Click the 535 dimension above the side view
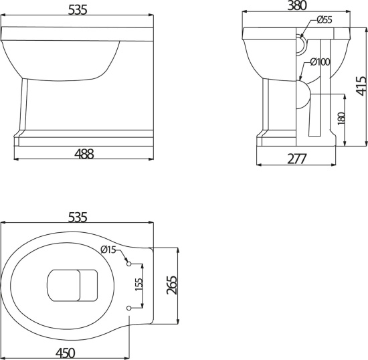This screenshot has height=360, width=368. pos(78,10)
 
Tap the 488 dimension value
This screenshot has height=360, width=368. pos(84,154)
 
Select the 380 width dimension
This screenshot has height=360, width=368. pos(297,5)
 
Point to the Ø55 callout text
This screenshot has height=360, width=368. pos(325,19)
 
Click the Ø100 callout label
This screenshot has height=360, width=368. pos(320,62)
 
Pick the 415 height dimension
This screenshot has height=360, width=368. pos(361,86)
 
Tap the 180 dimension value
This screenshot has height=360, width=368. pos(342,118)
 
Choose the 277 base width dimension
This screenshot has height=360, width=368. pos(296,159)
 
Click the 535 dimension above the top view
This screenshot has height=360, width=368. pos(78,217)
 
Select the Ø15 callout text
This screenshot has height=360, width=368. pos(108,250)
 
